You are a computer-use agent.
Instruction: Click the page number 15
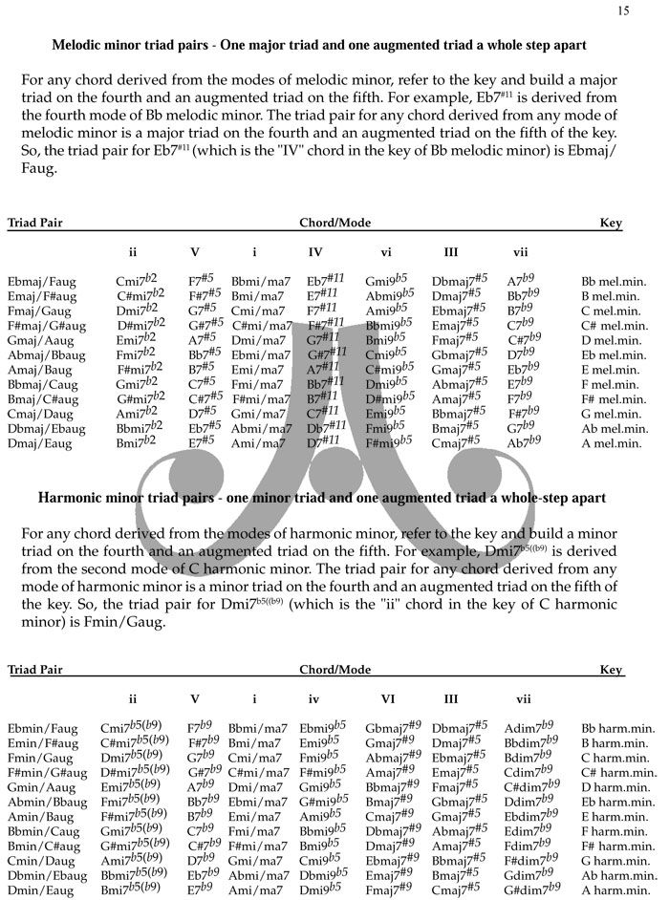[624, 11]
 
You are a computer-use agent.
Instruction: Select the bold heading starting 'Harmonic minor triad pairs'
[322, 499]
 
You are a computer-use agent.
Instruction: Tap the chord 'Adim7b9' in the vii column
[530, 728]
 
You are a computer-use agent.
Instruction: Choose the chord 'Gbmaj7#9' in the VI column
[392, 728]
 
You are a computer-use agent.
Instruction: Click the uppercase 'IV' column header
[315, 252]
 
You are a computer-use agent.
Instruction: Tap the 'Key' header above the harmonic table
[611, 670]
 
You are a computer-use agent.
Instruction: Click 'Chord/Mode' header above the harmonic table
[334, 670]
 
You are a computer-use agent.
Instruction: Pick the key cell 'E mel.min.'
[615, 369]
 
